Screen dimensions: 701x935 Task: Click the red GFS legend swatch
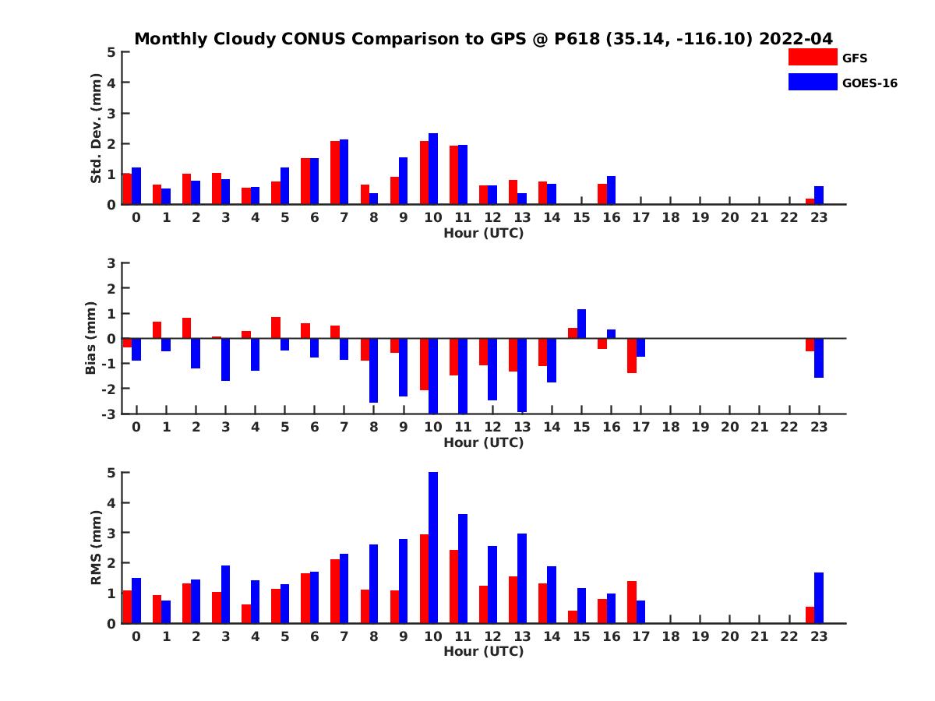click(813, 57)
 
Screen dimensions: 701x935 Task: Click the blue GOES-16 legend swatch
click(813, 82)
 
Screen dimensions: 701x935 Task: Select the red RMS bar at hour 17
click(632, 602)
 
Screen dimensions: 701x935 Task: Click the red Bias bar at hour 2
click(187, 328)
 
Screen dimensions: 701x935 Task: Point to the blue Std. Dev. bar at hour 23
click(819, 196)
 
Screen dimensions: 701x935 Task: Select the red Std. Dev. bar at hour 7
click(335, 173)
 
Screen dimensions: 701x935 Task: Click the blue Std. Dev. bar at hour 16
click(611, 190)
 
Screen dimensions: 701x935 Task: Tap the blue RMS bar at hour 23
click(819, 598)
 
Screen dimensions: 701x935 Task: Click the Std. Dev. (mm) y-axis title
click(96, 129)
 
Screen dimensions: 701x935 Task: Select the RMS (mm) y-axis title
click(96, 548)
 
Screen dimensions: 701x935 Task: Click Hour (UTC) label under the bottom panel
click(483, 651)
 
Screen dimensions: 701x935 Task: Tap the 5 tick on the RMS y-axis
click(111, 473)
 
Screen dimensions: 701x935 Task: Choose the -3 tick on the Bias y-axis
click(109, 414)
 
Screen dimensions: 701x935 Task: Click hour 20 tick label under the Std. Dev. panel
click(730, 217)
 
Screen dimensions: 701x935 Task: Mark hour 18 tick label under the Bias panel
click(671, 427)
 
